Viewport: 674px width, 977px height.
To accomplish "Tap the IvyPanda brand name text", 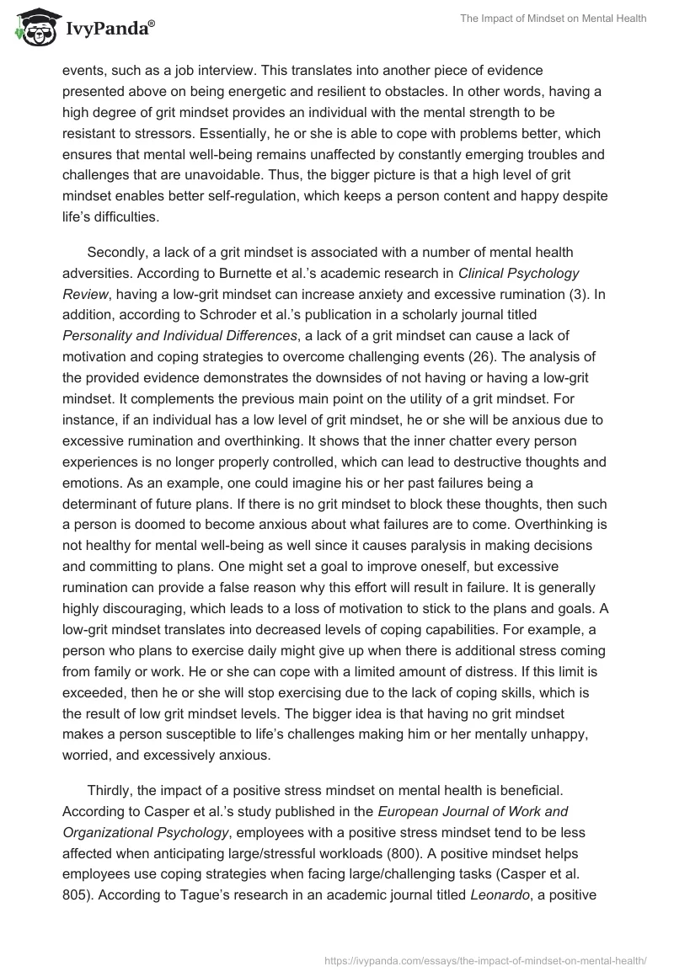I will click(x=107, y=29).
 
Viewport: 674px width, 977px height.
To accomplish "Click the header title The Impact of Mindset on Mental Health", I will click(x=553, y=19).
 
